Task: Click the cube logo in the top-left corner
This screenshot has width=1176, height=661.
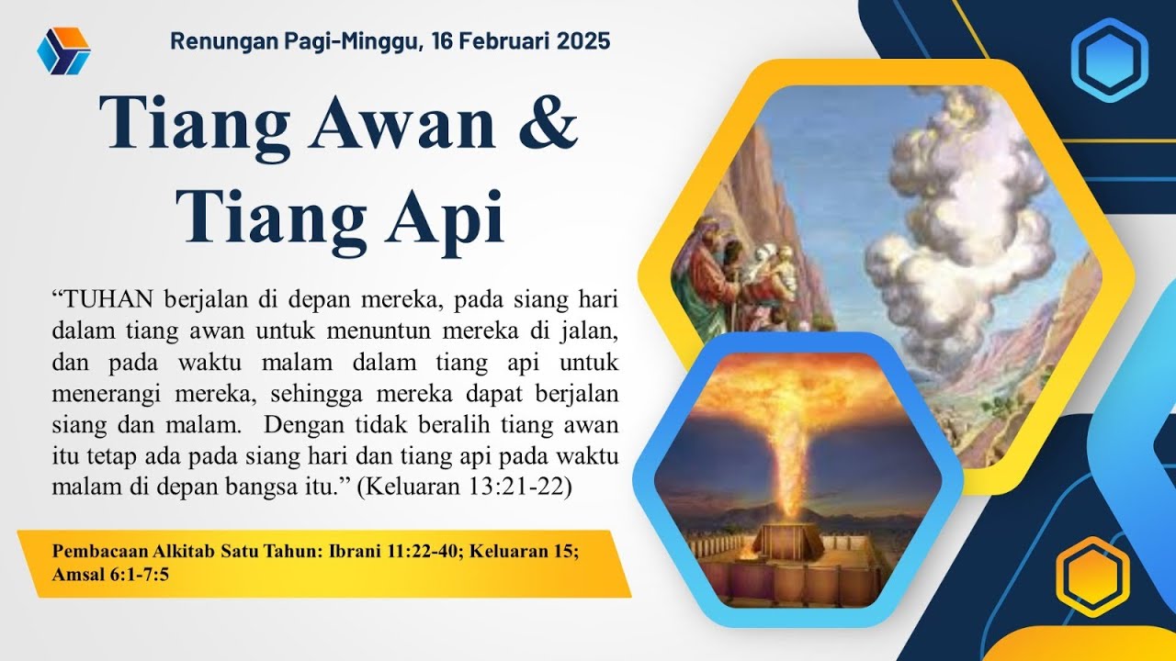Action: coord(63,50)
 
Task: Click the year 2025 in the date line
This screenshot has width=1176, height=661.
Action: coord(582,41)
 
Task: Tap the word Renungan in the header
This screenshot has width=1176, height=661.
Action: coord(215,41)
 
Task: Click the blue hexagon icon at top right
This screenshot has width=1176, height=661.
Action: coord(1109,60)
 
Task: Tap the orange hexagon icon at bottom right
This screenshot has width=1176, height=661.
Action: coord(1091,576)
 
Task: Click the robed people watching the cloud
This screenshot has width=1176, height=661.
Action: coord(735,275)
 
